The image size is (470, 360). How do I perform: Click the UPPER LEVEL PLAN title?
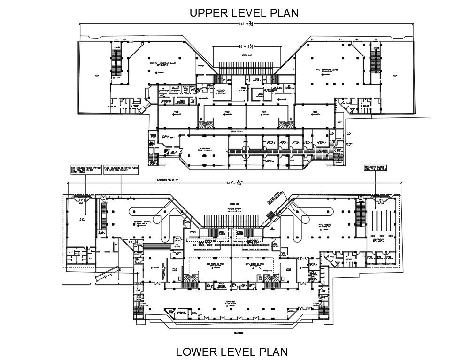tap(244, 13)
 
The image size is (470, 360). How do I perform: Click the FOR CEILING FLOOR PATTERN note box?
tap(86, 169)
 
